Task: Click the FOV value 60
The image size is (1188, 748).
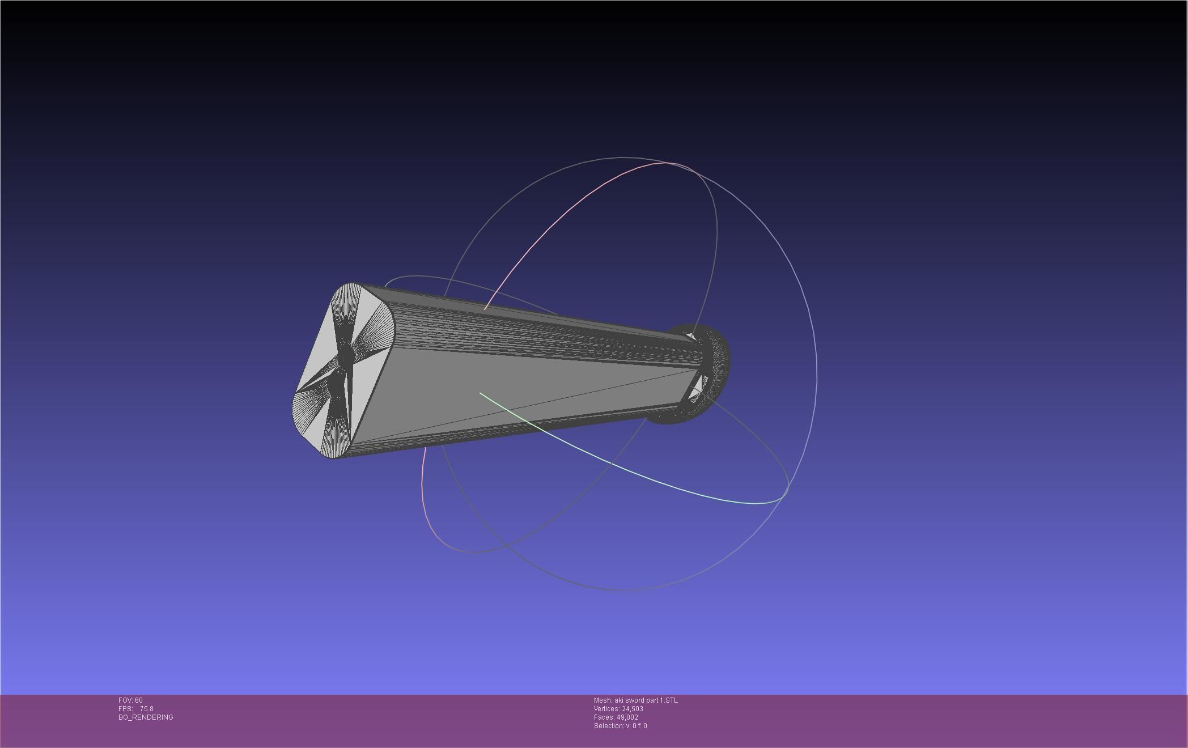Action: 139,700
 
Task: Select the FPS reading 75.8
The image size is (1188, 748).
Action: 147,709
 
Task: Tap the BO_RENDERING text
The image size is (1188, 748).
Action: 146,717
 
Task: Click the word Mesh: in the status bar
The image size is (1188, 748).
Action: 603,700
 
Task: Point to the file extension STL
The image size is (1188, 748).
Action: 671,700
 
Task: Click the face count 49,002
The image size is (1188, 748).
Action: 627,717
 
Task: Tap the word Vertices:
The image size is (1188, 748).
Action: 606,709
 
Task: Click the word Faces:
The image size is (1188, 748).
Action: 604,717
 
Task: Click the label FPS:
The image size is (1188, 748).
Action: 125,709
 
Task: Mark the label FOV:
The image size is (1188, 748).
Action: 126,700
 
